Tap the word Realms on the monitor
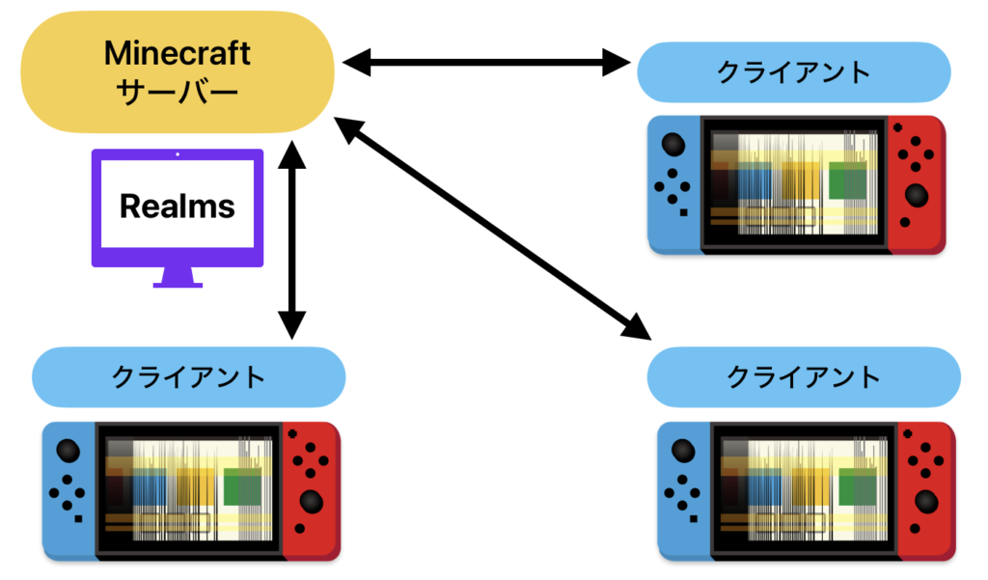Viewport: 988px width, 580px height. [178, 205]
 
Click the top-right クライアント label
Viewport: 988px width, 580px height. [793, 72]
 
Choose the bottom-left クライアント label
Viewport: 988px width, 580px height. [188, 376]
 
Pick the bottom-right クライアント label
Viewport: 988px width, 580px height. [803, 376]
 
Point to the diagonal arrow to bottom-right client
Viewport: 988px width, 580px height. [492, 227]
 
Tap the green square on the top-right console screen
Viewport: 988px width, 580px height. [848, 180]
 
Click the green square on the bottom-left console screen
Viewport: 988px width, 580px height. [242, 486]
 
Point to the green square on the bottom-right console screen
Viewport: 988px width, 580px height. [858, 486]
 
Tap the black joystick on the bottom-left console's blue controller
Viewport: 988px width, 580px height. [68, 451]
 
